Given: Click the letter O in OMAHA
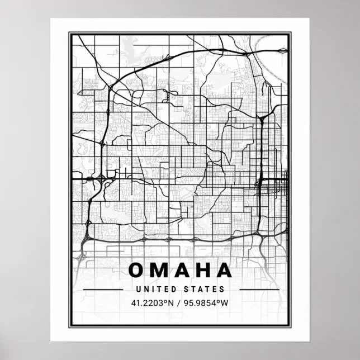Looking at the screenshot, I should point(137,271).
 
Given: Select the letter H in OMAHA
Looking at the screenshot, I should point(201,271).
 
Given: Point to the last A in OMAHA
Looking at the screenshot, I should point(223,271).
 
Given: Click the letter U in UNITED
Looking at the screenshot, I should point(138,290).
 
